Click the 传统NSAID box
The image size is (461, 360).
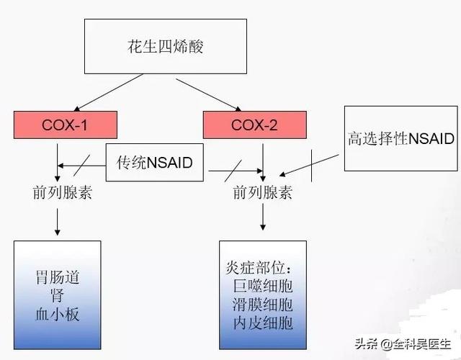click(155, 162)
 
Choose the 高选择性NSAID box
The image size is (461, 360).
click(400, 138)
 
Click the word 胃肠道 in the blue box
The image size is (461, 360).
click(57, 277)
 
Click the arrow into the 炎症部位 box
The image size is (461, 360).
click(263, 220)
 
